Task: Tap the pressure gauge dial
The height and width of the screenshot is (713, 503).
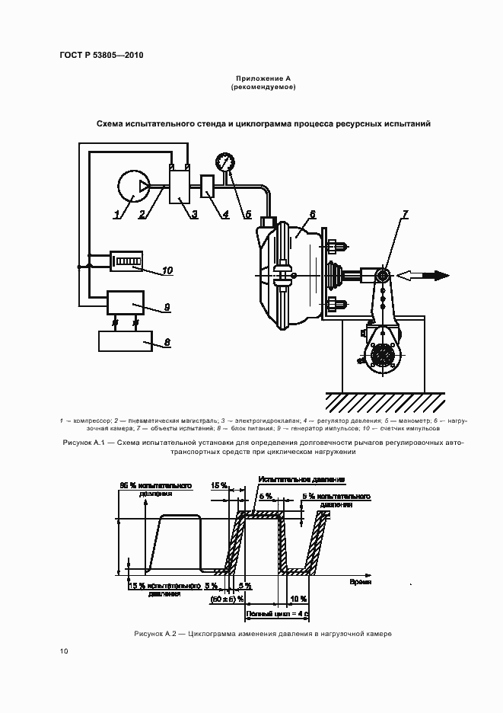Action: click(225, 162)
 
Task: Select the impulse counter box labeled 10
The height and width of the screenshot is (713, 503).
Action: click(126, 262)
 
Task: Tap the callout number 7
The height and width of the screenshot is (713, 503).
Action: click(405, 213)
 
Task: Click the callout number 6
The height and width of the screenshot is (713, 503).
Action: click(312, 214)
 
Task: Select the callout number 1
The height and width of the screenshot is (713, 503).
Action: click(116, 216)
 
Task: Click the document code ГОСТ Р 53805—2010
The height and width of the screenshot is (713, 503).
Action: click(101, 56)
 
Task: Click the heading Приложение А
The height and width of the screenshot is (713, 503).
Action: click(263, 78)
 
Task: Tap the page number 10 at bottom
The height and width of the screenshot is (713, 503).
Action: click(64, 651)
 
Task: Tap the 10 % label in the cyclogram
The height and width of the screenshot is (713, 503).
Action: click(298, 599)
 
